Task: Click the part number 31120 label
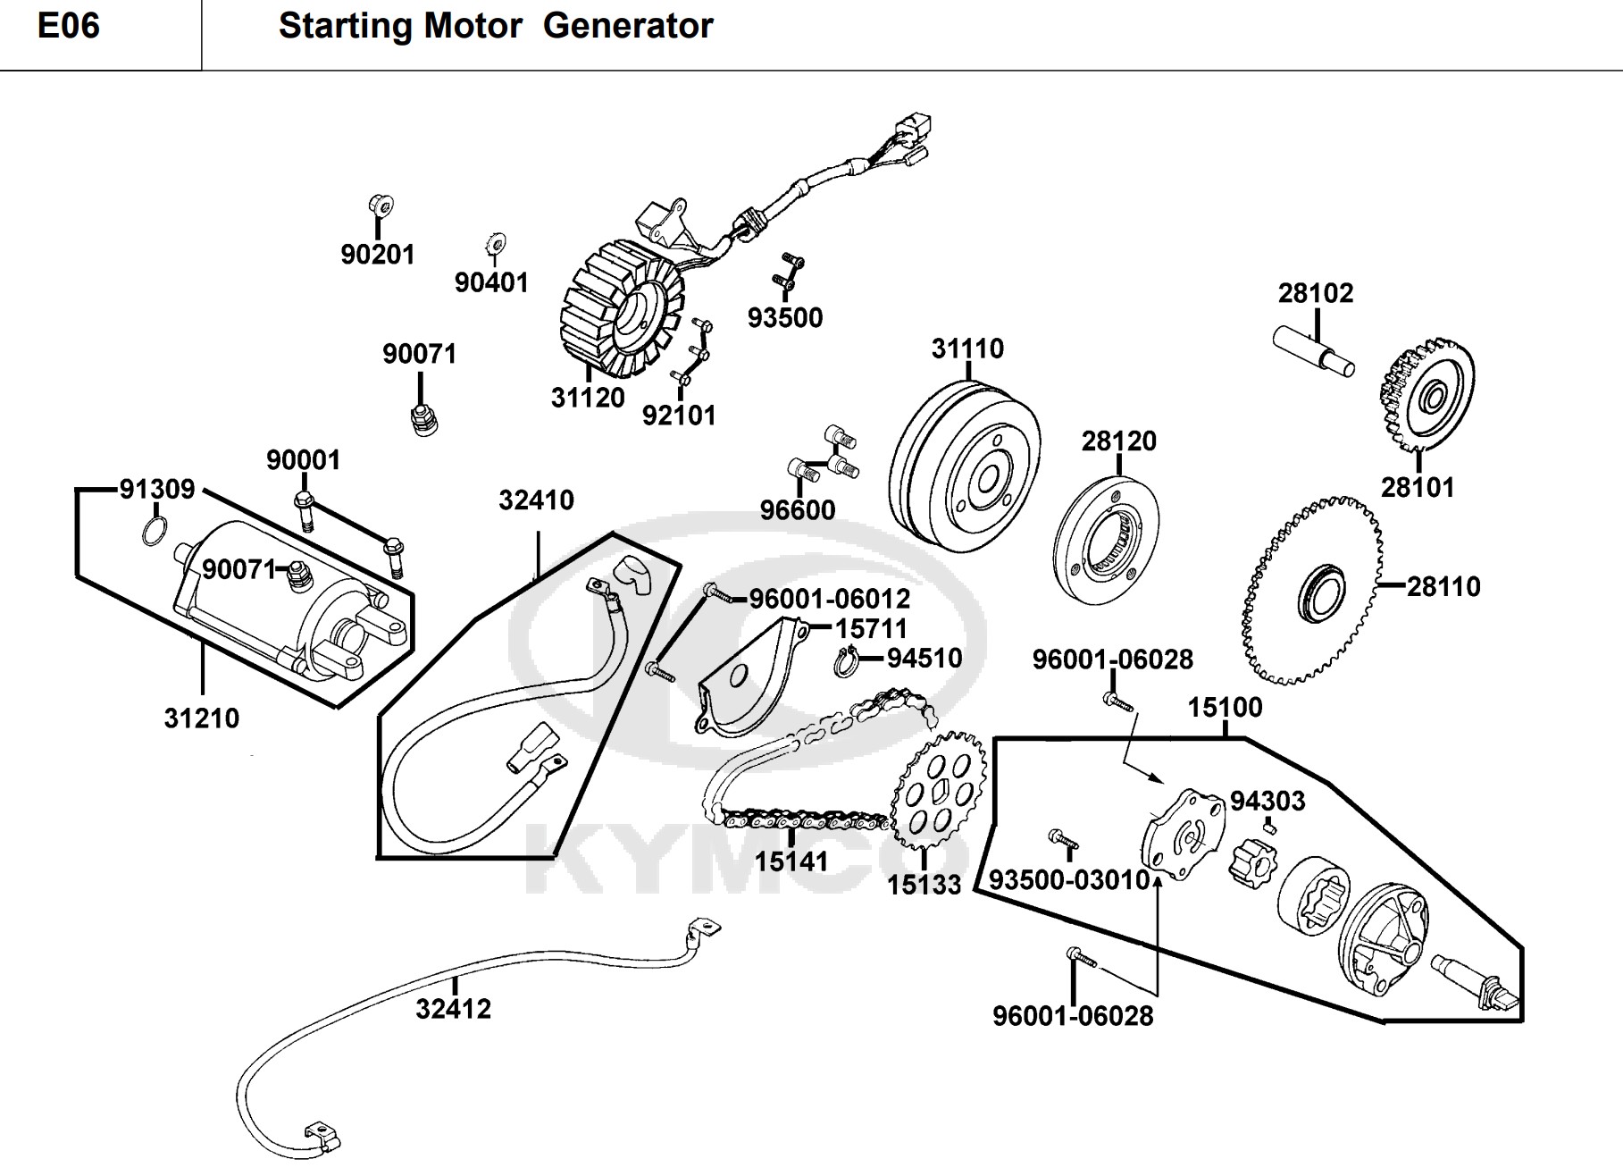point(588,398)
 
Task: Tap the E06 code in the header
point(69,26)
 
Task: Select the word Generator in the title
point(628,26)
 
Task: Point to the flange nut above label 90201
point(381,206)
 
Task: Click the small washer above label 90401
point(495,241)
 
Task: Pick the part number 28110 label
point(1443,586)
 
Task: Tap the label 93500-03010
point(1069,880)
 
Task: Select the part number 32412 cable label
point(454,1009)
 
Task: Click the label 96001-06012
point(830,599)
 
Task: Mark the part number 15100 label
point(1225,708)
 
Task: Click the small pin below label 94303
point(1270,828)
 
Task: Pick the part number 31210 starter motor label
point(202,718)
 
